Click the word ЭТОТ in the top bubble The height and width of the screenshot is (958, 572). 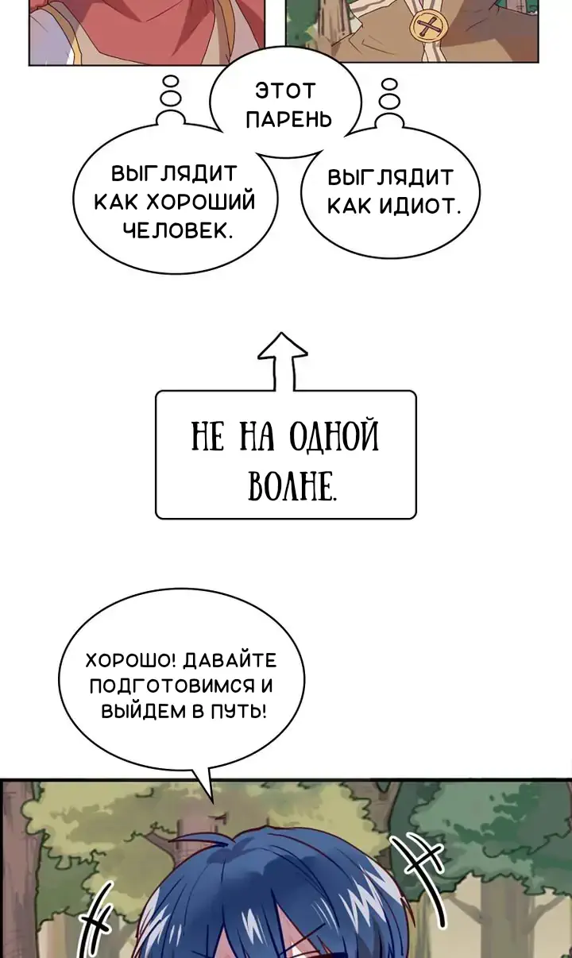click(x=285, y=91)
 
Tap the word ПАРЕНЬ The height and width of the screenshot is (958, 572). click(x=289, y=120)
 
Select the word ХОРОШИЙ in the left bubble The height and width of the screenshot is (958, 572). click(x=201, y=203)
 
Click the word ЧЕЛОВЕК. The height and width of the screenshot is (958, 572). click(x=178, y=231)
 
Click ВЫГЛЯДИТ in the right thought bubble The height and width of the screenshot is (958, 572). click(x=390, y=177)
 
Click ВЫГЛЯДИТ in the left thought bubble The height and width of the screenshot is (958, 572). click(x=174, y=174)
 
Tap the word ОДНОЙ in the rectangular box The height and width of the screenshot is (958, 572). click(x=334, y=436)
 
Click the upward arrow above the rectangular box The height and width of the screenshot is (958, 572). click(x=282, y=361)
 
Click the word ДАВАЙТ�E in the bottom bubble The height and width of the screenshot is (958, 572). click(x=230, y=661)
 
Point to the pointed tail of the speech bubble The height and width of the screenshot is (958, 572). click(x=212, y=802)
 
